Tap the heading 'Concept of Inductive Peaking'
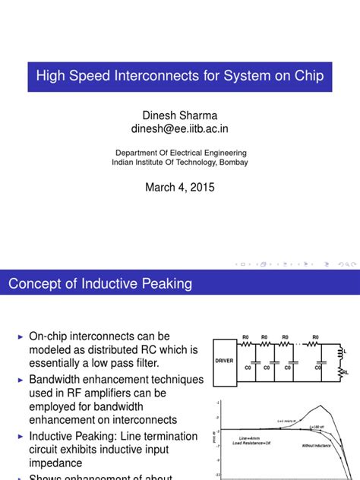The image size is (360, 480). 99,283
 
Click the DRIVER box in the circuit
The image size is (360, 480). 225,362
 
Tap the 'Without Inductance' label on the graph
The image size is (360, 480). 316,446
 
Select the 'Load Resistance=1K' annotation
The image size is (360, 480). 257,444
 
